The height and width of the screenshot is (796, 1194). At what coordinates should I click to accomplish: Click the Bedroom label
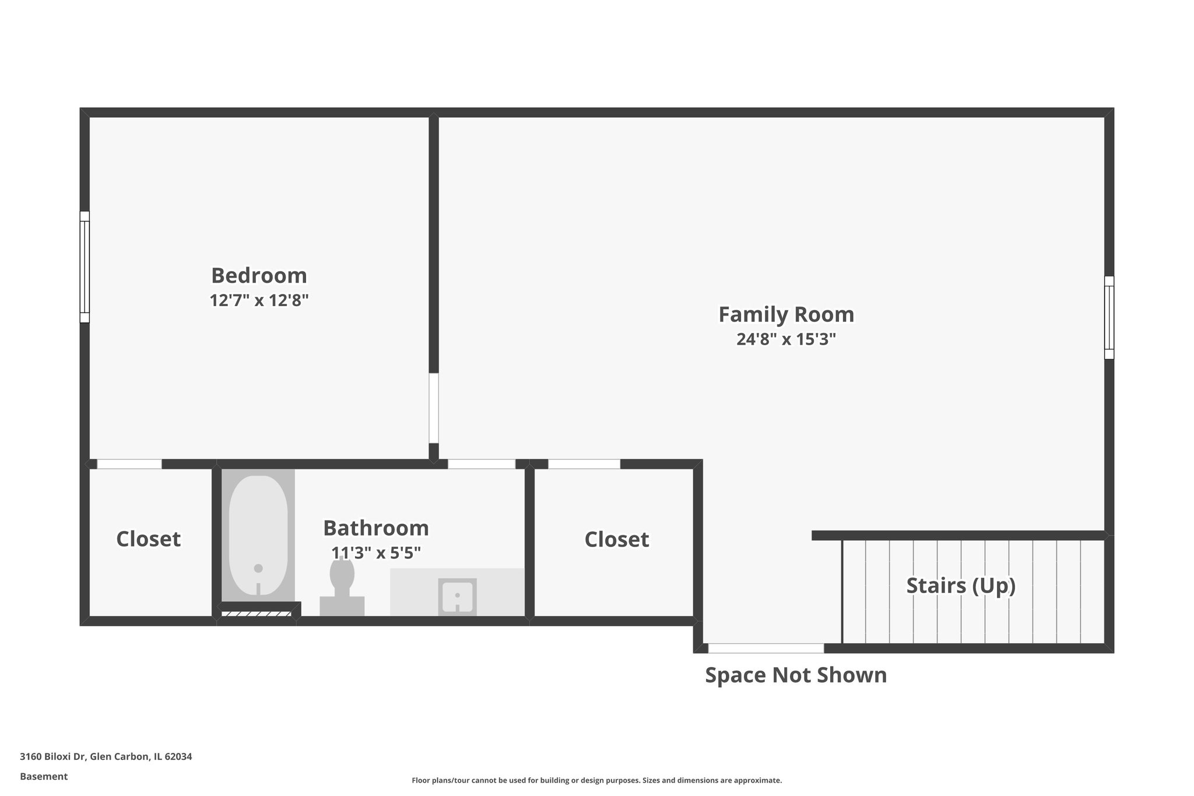259,275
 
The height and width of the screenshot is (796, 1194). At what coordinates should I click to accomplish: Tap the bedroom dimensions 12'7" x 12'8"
259,301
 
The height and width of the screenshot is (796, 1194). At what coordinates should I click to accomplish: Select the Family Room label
786,314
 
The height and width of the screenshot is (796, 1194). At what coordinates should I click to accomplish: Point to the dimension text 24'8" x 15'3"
786,339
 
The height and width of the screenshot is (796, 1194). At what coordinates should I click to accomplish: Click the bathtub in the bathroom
258,535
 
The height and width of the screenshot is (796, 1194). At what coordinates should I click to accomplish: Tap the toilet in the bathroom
342,583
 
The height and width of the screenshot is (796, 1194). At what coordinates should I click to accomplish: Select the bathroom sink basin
457,597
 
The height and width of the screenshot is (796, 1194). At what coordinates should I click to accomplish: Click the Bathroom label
376,528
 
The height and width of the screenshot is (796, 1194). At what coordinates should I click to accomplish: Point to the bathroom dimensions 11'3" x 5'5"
376,553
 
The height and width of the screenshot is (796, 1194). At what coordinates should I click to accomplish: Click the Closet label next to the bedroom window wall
148,539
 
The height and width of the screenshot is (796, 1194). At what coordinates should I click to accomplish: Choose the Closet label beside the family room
616,539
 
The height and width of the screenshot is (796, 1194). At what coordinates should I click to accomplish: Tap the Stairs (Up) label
961,585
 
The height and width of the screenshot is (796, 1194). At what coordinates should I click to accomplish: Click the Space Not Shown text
796,675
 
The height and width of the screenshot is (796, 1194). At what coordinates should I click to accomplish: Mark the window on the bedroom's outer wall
85,267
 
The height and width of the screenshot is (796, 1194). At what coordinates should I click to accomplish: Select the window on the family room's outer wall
1109,318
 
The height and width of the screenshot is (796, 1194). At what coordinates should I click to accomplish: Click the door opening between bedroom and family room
434,408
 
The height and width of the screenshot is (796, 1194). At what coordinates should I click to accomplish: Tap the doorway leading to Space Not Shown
765,648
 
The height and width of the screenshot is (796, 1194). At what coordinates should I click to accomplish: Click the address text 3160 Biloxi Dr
106,756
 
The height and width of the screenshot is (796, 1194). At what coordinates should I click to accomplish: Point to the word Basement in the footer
44,776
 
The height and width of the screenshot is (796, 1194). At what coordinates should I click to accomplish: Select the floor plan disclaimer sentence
596,780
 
